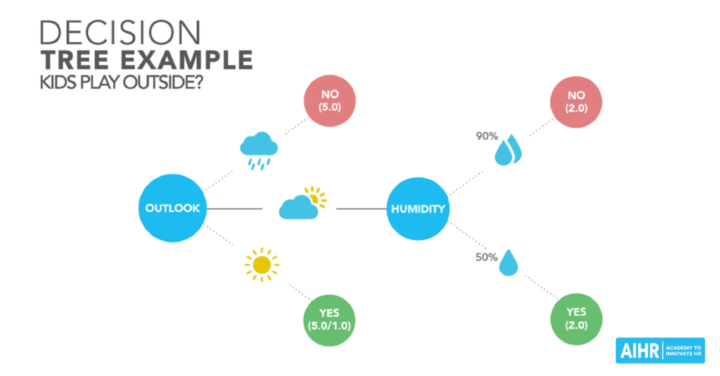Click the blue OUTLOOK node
click(x=173, y=208)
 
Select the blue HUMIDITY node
click(x=418, y=209)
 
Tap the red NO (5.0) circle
click(x=330, y=101)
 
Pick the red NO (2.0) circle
click(x=576, y=102)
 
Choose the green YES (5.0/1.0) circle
click(x=329, y=320)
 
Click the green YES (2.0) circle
click(x=576, y=319)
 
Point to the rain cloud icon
click(x=259, y=150)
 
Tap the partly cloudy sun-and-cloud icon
click(x=302, y=203)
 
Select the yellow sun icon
click(x=262, y=265)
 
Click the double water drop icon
click(x=508, y=150)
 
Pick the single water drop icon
click(x=508, y=263)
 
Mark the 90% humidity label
click(x=487, y=136)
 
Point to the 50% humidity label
click(x=487, y=257)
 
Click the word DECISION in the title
click(x=120, y=33)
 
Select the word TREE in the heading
click(x=75, y=60)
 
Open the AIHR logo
click(x=660, y=351)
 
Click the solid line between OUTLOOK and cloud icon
click(x=235, y=209)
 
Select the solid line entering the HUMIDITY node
click(x=362, y=209)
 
